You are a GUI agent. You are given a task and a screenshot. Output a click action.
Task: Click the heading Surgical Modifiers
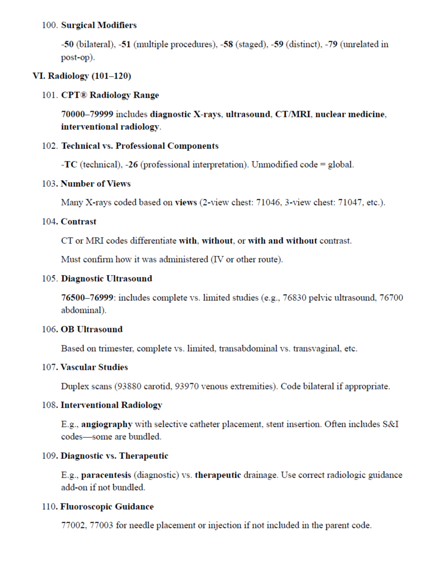99,25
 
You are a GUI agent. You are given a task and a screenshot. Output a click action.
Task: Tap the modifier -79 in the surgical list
331,45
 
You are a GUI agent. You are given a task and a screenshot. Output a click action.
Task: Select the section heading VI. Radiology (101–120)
82,76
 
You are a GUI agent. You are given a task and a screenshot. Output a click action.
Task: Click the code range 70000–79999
87,114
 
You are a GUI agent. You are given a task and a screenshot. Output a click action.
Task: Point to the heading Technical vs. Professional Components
140,146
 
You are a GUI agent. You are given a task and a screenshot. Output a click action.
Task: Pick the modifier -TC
69,165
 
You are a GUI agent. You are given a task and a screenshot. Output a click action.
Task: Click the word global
340,165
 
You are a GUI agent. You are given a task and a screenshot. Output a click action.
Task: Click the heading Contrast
79,222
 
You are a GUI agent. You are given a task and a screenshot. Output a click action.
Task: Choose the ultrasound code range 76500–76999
87,298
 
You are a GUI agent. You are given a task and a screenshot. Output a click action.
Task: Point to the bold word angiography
107,424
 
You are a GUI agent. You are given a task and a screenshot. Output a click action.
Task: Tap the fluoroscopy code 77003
102,526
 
